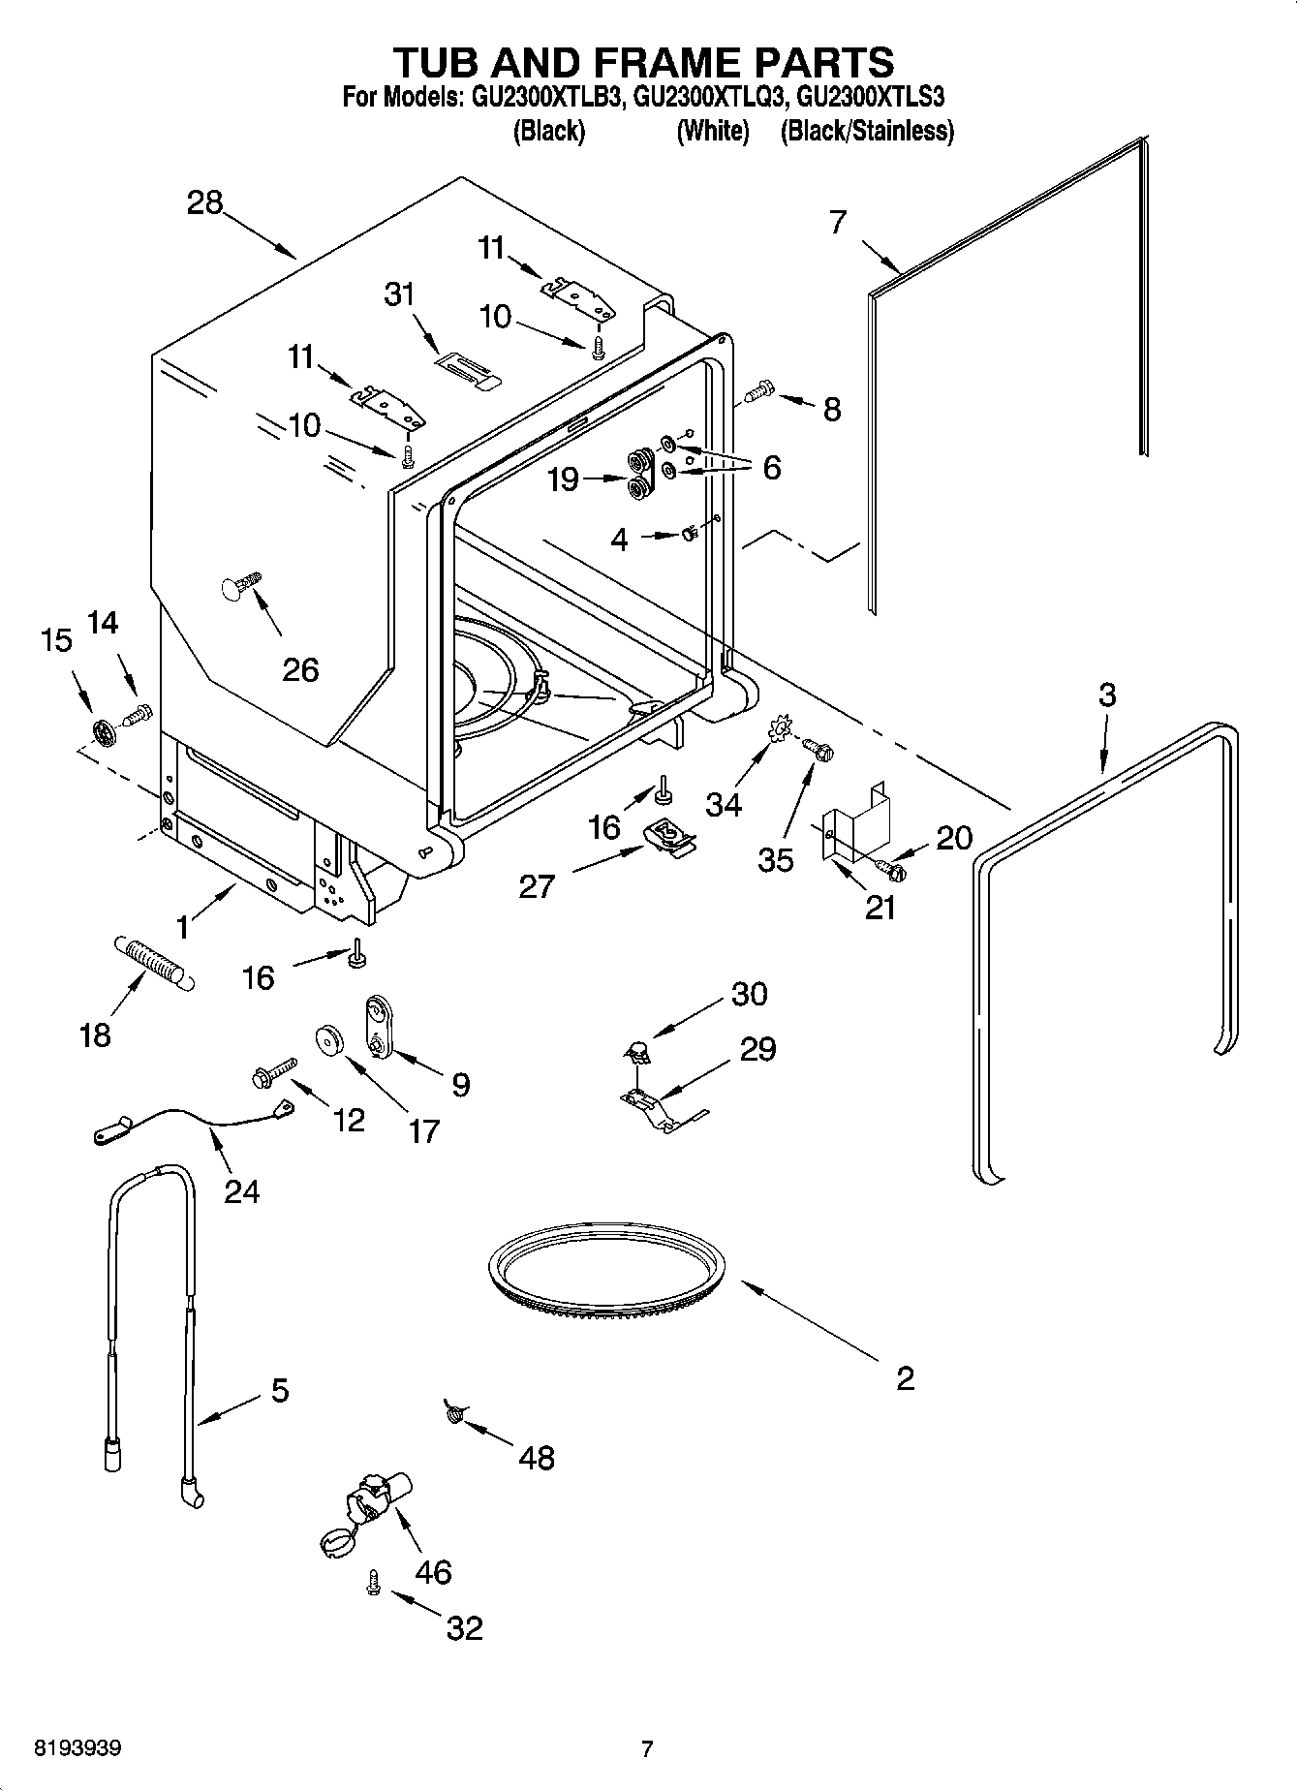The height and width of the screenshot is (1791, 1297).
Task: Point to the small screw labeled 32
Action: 372,1582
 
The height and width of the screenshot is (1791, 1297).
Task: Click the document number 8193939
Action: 77,1748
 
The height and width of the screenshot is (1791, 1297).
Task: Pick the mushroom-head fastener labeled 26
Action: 240,586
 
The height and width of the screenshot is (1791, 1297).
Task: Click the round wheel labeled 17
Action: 330,1039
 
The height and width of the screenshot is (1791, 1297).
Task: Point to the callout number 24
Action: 241,1189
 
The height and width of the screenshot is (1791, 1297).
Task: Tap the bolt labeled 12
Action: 270,1072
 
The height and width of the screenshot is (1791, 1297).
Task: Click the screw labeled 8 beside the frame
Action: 759,392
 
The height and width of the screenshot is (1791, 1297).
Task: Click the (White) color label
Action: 712,131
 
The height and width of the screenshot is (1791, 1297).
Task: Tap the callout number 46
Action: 433,1571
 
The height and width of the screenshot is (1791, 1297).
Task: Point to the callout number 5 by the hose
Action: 279,1391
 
